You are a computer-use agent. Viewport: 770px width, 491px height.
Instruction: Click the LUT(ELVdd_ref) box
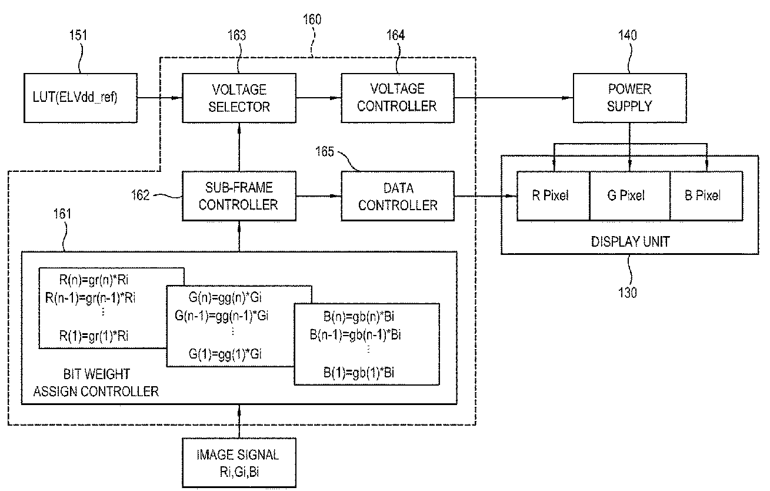coord(81,98)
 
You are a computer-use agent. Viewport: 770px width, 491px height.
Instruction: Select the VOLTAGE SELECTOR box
coord(239,98)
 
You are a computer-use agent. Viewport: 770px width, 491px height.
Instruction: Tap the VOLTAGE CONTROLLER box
coord(398,98)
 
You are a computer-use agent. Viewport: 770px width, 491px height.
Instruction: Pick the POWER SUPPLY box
coord(629,98)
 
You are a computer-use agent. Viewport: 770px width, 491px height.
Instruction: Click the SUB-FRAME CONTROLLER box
coord(239,196)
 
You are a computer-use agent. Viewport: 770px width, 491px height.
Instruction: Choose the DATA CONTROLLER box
coord(398,196)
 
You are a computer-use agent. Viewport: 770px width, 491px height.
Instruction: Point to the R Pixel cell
coord(553,196)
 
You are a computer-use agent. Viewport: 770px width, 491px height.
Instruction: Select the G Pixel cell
coord(630,196)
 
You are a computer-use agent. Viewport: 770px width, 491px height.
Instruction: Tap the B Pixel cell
coord(706,196)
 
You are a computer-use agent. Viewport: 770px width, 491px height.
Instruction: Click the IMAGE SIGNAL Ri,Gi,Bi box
coord(239,462)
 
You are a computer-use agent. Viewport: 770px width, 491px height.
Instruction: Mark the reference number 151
coord(78,35)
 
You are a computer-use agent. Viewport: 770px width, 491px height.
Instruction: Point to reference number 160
coord(312,19)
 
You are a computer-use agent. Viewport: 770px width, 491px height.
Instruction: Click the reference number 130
coord(627,293)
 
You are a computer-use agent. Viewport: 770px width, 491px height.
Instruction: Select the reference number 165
coord(325,151)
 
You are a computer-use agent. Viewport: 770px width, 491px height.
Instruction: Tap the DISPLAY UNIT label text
coord(630,241)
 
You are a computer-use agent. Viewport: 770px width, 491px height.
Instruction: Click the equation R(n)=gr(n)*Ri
coord(94,280)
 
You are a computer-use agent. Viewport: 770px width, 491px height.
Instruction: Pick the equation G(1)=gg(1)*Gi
coord(225,354)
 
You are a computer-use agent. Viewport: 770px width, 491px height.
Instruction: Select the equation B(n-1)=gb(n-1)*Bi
coord(355,334)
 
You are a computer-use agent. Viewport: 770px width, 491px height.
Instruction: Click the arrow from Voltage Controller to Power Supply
coord(514,98)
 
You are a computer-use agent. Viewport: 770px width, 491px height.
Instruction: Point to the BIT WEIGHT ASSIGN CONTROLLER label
coord(96,383)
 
